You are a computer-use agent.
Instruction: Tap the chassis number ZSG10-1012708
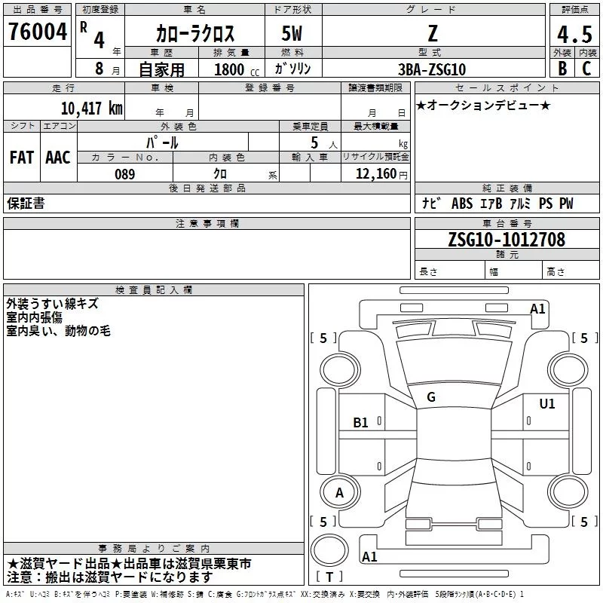tap(507, 240)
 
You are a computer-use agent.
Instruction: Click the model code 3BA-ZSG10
tap(432, 69)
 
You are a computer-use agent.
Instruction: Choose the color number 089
tap(124, 174)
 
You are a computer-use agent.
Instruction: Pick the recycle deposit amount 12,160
tap(372, 174)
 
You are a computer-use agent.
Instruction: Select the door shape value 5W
tap(293, 33)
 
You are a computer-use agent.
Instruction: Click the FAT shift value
tap(22, 158)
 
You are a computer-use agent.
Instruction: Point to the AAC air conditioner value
tap(58, 158)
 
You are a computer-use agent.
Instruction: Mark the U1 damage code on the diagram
tap(546, 404)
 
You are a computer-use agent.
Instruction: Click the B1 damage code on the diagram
tap(361, 423)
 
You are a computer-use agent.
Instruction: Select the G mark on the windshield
tap(431, 396)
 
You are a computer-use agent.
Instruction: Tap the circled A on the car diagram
tap(339, 493)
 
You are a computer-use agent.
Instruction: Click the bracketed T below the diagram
tap(329, 577)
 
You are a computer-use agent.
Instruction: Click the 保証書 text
tap(26, 204)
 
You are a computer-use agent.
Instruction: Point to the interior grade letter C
tap(586, 69)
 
